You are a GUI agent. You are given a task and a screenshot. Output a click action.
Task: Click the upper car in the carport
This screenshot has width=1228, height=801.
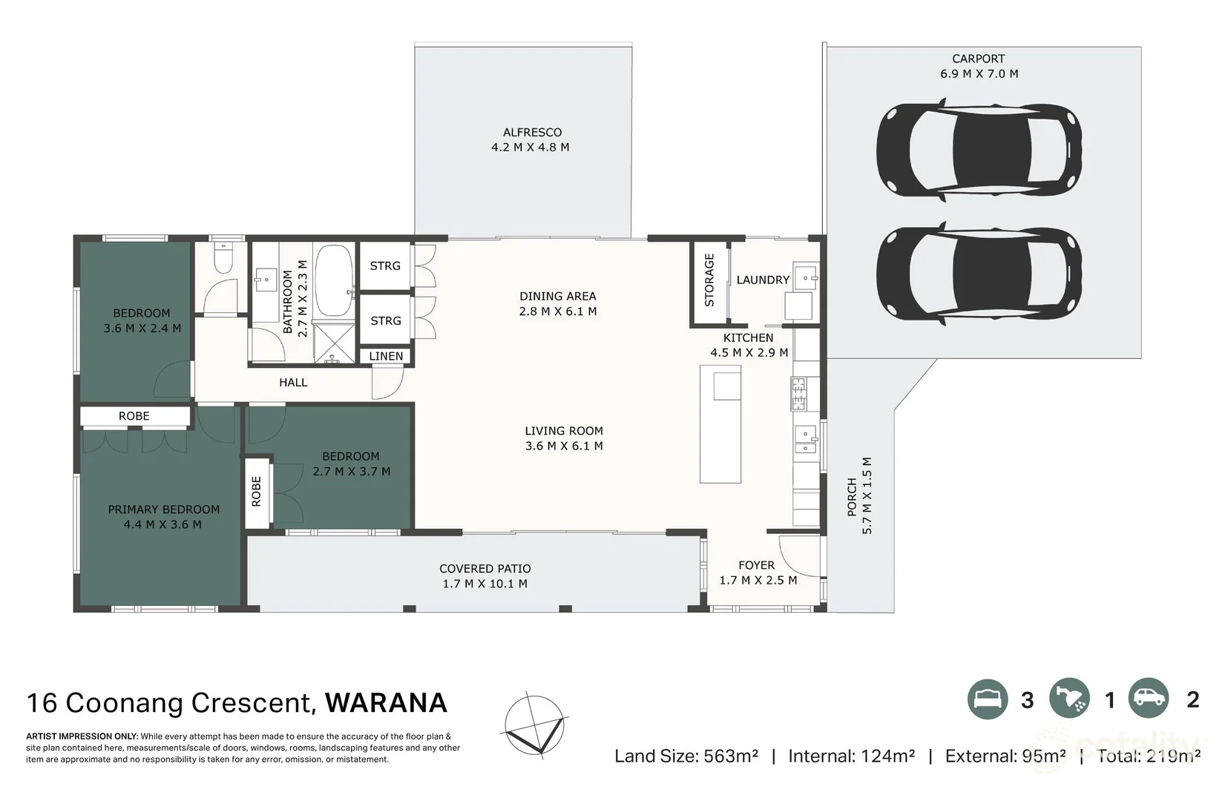coord(978,147)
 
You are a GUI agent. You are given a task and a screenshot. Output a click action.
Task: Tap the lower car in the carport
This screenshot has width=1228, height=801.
coord(978,273)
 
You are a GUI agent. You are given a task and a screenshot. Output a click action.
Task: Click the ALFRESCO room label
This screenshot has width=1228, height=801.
coord(532,133)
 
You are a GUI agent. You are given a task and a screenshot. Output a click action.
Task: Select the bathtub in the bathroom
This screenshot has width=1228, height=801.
coord(333,280)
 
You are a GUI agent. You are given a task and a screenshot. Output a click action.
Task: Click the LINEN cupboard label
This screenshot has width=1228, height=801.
coord(386,356)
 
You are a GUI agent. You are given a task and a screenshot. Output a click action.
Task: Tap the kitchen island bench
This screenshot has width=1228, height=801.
coord(720,423)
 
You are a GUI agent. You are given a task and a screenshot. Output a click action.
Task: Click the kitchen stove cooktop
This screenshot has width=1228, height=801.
coord(798,394)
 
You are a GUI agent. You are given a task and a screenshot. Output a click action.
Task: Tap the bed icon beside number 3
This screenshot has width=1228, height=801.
coord(988,699)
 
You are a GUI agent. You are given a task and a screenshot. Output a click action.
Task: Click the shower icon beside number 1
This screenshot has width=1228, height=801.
coord(1069,699)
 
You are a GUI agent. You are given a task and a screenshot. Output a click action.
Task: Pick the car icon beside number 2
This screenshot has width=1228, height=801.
coord(1149,699)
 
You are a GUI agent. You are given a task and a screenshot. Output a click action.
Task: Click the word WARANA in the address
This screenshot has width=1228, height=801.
coord(386,702)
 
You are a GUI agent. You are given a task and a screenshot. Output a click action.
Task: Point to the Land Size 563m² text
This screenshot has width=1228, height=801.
coord(686,756)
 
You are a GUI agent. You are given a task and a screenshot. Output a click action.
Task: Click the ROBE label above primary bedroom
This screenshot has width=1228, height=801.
coord(134,416)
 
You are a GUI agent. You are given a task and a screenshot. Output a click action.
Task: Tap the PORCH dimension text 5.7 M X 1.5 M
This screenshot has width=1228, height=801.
coord(867,495)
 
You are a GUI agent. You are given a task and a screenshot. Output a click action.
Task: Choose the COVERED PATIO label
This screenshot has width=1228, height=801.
coord(485,569)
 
